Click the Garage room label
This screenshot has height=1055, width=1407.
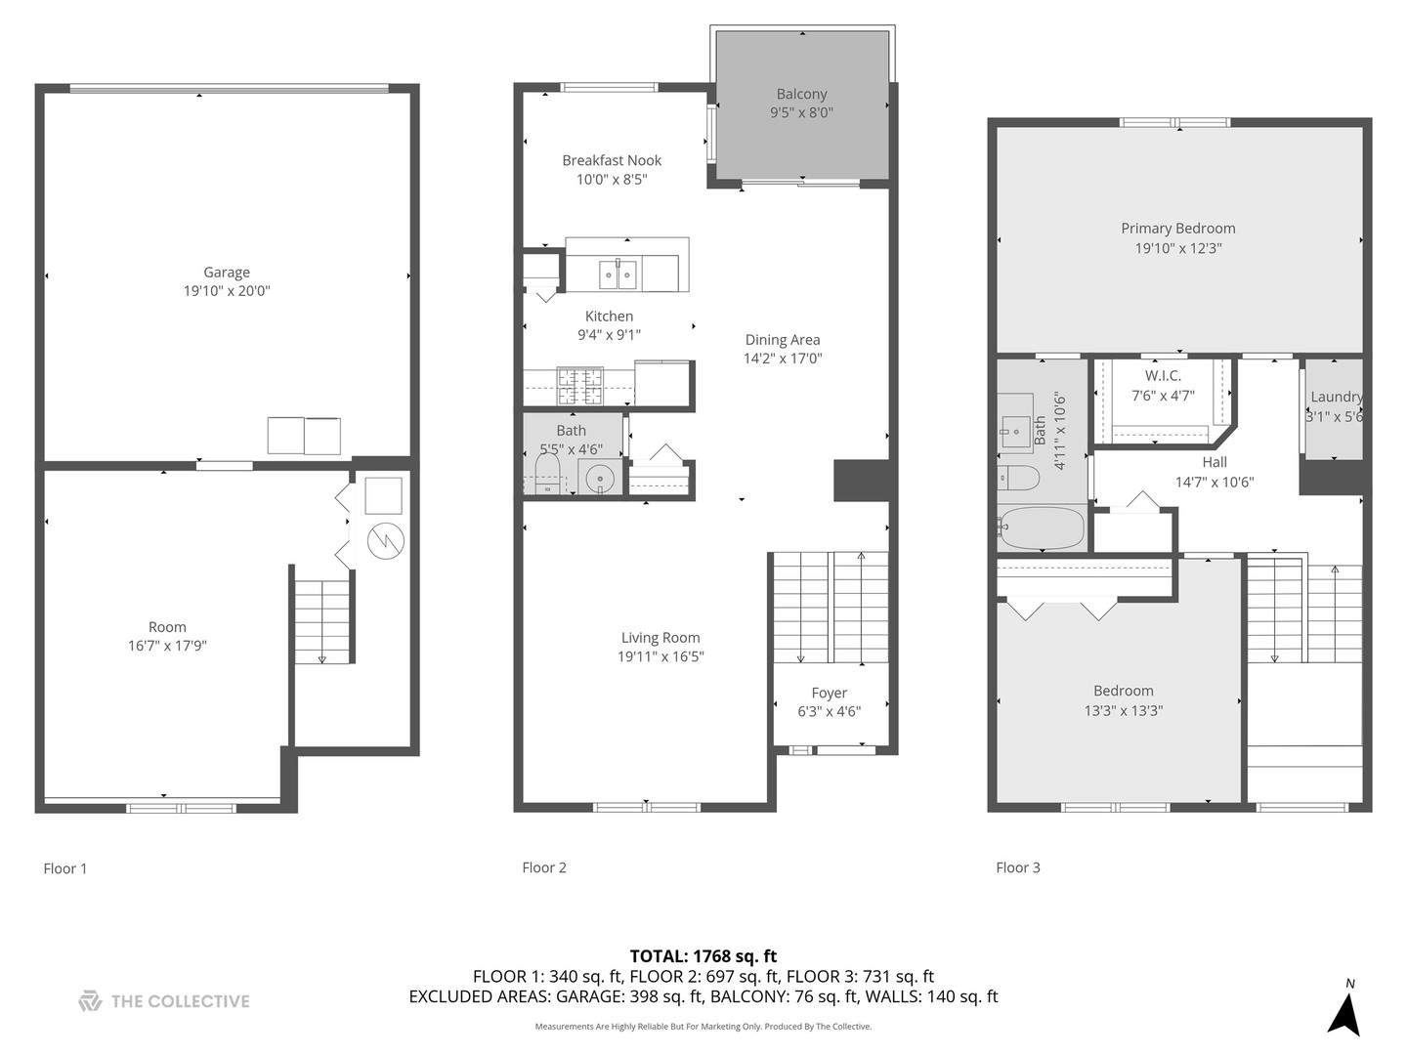coord(227,273)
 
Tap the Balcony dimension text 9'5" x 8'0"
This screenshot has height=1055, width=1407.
coord(801,112)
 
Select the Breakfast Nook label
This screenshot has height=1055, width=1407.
coord(612,160)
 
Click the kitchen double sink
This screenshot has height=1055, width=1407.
coord(618,274)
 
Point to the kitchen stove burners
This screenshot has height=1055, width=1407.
coord(580,386)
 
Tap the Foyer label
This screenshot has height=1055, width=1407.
coord(829,693)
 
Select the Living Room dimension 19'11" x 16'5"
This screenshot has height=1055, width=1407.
coord(661,656)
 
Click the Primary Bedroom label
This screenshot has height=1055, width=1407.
coord(1177,229)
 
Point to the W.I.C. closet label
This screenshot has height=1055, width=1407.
coord(1163,376)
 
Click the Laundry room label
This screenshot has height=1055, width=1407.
coord(1336,397)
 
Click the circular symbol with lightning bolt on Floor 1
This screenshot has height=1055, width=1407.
coord(385,540)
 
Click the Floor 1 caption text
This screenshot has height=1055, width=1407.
coord(65,868)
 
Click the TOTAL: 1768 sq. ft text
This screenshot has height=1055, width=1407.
coord(703,956)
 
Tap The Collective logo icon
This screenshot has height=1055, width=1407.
coord(90,1001)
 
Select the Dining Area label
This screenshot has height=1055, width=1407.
coord(783,340)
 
